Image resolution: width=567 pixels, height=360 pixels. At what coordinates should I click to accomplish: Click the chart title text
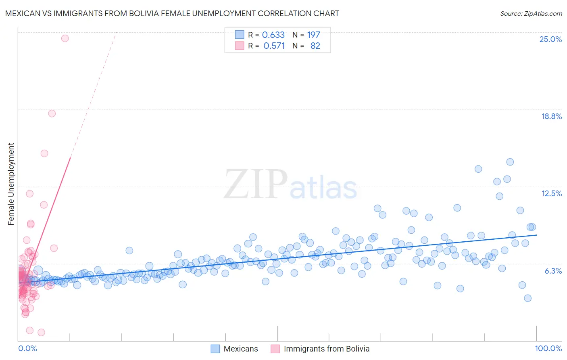(172, 13)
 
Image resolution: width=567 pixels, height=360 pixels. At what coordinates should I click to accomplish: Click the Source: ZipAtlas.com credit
(531, 13)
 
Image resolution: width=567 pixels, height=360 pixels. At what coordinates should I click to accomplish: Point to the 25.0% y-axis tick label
(550, 39)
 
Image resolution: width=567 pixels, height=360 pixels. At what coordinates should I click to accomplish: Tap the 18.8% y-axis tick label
(551, 116)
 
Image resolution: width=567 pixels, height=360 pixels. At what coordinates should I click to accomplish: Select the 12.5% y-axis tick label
(551, 193)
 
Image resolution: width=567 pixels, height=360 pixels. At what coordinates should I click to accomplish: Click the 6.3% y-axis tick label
(553, 271)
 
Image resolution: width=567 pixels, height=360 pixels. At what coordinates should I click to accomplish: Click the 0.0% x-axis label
(27, 348)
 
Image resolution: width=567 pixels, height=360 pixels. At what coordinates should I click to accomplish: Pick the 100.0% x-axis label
(548, 348)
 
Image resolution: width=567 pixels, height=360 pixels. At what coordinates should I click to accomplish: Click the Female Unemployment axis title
(11, 184)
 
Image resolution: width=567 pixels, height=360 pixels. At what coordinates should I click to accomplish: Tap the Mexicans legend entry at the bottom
(240, 349)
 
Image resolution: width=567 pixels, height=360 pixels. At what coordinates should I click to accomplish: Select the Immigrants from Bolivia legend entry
(326, 349)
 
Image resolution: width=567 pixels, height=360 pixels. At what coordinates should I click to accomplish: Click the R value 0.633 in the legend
(273, 35)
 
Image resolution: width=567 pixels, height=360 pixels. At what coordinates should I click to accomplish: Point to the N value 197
(313, 35)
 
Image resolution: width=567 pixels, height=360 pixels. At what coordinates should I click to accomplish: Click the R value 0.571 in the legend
(274, 46)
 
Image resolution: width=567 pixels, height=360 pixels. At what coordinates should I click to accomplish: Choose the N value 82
(315, 46)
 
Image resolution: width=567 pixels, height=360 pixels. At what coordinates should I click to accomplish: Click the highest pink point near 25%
(65, 38)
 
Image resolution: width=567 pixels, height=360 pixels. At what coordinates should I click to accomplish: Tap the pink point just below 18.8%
(52, 113)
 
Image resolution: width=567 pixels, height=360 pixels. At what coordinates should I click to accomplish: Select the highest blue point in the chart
(510, 162)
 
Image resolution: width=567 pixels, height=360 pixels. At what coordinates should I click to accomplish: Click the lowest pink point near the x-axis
(41, 332)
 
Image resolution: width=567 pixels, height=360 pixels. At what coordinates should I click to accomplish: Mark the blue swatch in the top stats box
(240, 35)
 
